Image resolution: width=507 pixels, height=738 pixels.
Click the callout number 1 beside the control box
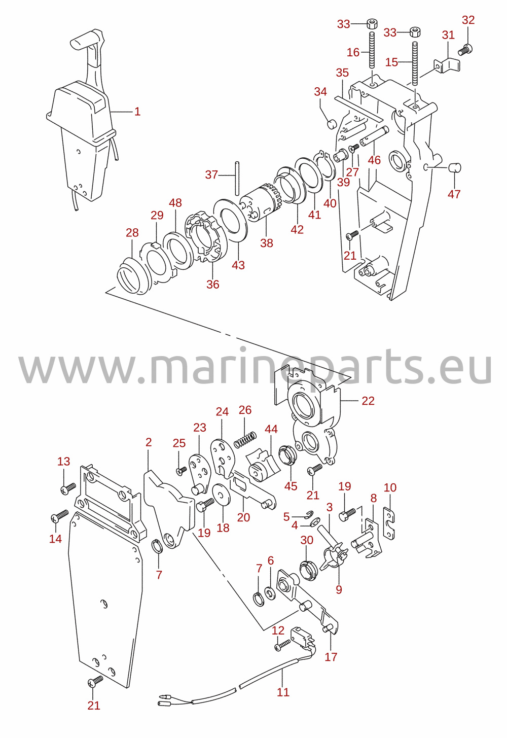[137, 112]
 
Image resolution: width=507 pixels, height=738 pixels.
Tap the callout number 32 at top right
[468, 20]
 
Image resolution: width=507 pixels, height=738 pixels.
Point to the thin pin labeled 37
[237, 178]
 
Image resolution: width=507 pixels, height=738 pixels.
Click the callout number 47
[454, 194]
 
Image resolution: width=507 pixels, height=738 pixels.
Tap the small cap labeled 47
[455, 167]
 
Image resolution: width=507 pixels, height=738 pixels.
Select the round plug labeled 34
[333, 125]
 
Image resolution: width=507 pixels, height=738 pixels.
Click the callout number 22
[368, 401]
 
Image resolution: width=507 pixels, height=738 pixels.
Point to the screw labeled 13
[68, 488]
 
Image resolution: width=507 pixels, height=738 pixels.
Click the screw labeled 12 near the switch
[282, 645]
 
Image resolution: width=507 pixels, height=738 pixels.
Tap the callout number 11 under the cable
[283, 692]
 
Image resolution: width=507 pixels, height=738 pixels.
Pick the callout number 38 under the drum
[266, 243]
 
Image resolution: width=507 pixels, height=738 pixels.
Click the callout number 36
[212, 285]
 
